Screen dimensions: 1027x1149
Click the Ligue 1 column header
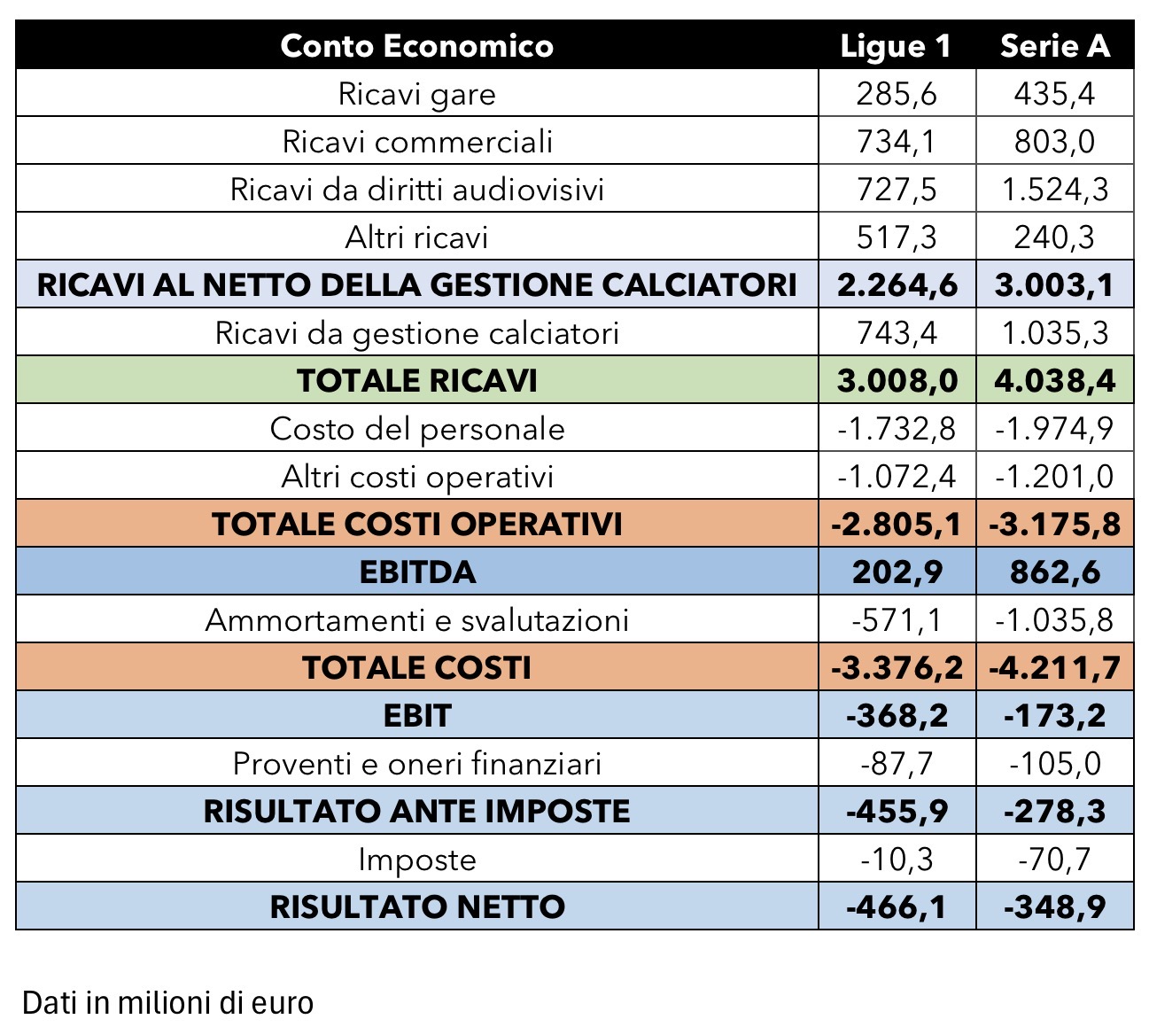click(896, 46)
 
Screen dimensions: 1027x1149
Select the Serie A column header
click(1054, 46)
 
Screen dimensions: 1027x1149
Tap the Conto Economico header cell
click(416, 46)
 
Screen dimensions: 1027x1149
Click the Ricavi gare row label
click(416, 94)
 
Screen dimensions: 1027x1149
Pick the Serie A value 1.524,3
click(1054, 190)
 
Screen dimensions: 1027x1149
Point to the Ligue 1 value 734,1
click(896, 142)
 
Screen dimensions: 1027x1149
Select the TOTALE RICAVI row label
click(416, 380)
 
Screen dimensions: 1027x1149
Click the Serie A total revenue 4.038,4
click(1054, 380)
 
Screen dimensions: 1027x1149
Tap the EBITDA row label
click(416, 572)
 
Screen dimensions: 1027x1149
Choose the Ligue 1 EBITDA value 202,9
click(897, 572)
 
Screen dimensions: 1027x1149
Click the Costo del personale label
click(416, 429)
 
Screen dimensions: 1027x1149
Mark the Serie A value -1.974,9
click(1054, 429)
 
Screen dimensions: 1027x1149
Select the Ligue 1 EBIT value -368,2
click(897, 715)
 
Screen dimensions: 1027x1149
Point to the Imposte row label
click(416, 860)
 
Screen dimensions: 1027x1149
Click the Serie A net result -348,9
click(1054, 906)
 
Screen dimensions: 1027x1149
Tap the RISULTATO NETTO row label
click(416, 906)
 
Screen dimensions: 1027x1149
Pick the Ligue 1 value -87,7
click(897, 763)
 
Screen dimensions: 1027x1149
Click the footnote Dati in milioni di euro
click(167, 1003)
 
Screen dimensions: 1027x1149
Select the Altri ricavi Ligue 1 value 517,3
click(896, 237)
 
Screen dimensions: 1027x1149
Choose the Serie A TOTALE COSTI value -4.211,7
click(1054, 667)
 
